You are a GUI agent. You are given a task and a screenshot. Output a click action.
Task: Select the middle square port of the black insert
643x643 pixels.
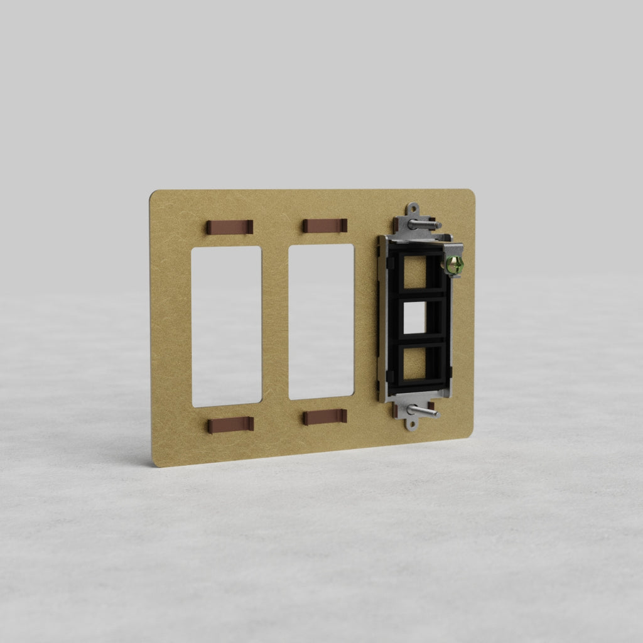[414, 318]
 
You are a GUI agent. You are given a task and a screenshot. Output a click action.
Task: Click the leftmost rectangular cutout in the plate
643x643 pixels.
[226, 326]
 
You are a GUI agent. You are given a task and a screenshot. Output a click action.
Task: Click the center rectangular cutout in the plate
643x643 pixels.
[321, 321]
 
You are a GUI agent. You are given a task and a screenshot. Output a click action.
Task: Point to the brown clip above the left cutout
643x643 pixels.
[230, 227]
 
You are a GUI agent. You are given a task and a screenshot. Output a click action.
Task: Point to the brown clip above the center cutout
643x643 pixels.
[325, 225]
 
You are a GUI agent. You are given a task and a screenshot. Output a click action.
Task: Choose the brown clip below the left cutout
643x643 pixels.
[230, 425]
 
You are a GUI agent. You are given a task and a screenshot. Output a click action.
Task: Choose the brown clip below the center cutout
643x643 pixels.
[325, 417]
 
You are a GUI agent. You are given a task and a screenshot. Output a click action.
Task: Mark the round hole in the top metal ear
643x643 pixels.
[413, 208]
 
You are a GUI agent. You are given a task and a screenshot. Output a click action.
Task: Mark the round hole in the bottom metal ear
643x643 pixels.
[411, 425]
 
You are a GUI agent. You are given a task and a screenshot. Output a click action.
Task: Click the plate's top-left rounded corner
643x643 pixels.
[153, 195]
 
